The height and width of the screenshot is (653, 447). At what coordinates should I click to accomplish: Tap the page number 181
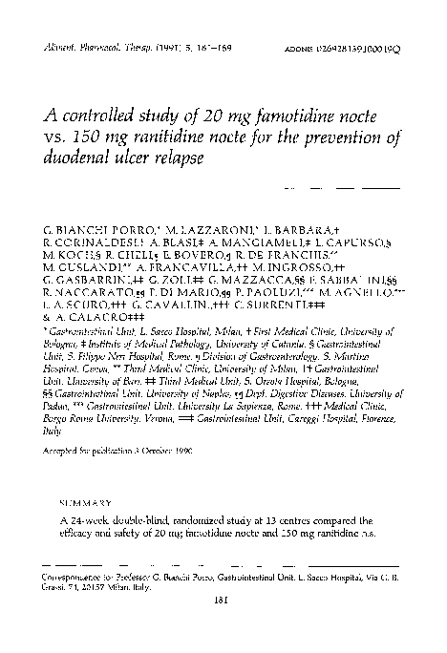[x=223, y=600]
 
